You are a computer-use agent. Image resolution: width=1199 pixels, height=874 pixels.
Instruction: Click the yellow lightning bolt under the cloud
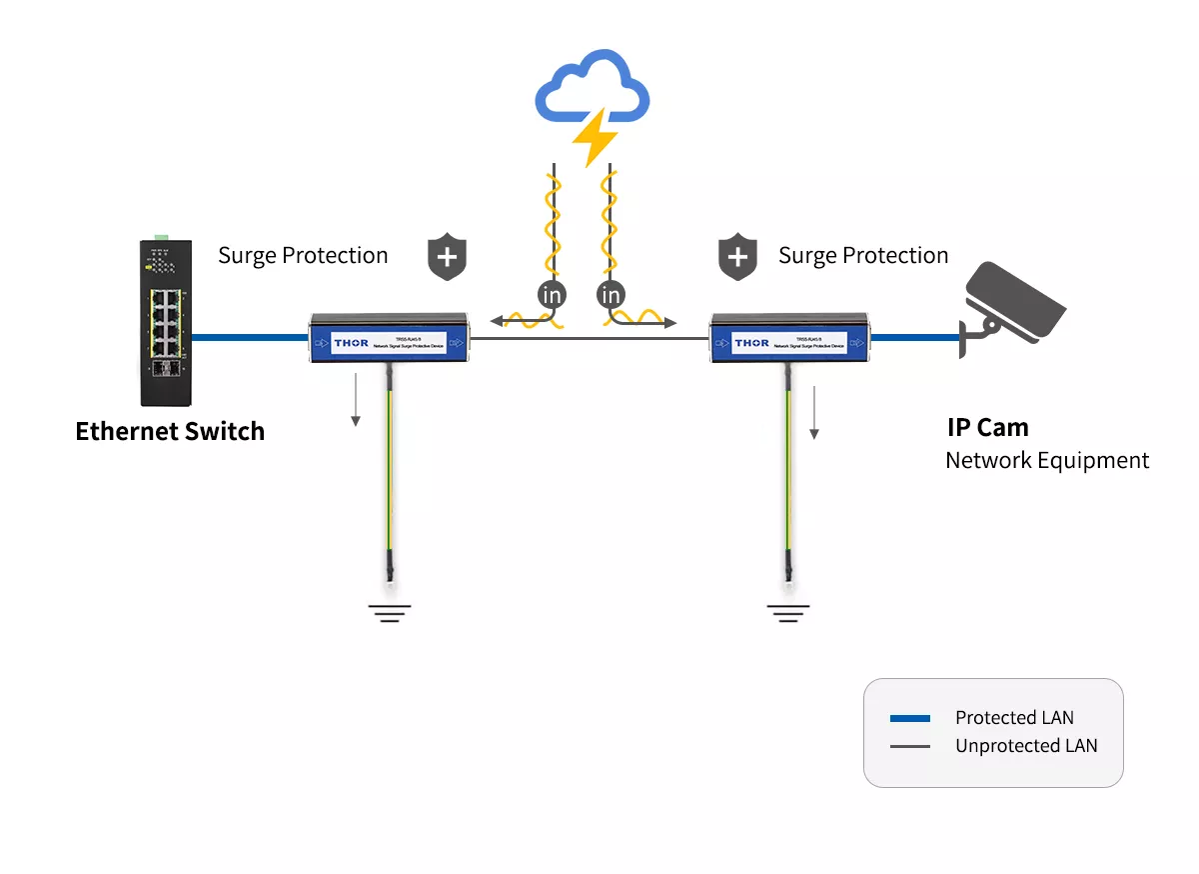[597, 138]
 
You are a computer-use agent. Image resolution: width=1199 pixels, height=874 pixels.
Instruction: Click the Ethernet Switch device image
[167, 322]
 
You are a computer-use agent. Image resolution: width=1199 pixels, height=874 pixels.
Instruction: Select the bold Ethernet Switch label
[170, 432]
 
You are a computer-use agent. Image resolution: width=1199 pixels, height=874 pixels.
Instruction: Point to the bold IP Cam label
[987, 428]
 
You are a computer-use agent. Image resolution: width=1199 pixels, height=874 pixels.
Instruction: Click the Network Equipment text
[1047, 461]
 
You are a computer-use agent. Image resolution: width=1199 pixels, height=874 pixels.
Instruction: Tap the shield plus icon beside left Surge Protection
[448, 258]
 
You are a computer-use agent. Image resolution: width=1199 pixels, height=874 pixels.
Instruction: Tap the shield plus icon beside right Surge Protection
[737, 258]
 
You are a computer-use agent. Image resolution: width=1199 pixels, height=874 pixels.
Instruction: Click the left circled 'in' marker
[552, 296]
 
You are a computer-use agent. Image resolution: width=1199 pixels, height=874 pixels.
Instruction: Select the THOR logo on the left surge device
[352, 343]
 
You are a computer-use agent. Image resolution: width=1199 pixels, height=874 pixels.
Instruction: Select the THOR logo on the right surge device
[751, 343]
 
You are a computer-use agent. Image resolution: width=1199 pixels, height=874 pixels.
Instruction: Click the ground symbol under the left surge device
[389, 613]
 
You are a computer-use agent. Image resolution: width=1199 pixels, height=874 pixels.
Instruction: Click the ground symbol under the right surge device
[788, 613]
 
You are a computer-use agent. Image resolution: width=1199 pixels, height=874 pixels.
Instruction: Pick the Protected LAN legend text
[1014, 718]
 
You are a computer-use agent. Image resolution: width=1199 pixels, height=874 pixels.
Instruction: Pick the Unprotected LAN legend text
[1026, 746]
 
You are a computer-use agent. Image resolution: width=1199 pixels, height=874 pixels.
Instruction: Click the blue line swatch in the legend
[909, 718]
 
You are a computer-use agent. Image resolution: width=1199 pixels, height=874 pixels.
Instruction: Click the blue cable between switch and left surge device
[250, 338]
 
